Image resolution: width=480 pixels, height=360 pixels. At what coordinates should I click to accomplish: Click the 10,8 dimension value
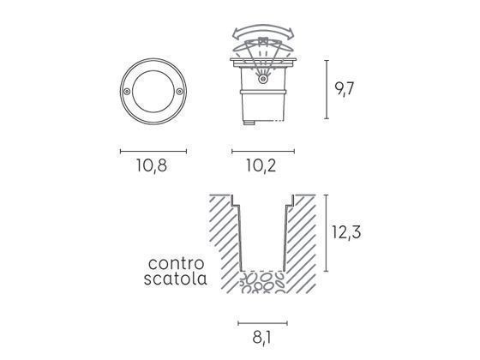tap(151, 166)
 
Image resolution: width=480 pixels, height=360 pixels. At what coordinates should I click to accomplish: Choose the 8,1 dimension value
tap(261, 339)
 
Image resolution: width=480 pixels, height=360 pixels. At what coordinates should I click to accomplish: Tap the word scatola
tap(176, 279)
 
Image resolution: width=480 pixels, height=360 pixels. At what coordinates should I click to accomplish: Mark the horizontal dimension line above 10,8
tap(153, 151)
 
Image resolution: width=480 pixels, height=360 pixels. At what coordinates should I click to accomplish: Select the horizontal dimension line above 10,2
tap(262, 151)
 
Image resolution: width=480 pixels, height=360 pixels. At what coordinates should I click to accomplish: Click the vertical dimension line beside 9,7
tap(327, 89)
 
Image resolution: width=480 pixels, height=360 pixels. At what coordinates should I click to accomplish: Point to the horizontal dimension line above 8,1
tap(262, 323)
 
